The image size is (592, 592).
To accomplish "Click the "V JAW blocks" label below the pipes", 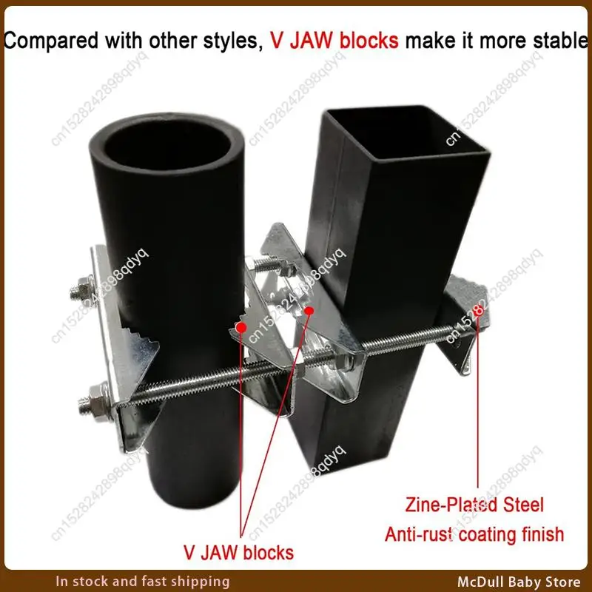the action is coord(239,551).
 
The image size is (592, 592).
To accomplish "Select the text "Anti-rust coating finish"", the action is coord(474,534).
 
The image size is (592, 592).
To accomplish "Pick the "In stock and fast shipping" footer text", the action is coord(143,581).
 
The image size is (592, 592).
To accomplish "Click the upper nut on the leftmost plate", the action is coord(81,289).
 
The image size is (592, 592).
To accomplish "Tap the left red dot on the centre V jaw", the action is coord(240,326).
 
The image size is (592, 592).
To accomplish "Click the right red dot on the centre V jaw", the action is coord(312,311).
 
